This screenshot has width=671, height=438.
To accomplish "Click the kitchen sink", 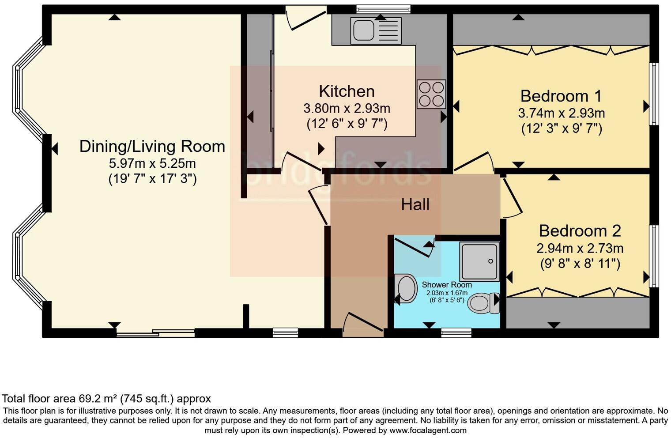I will coord(375,30).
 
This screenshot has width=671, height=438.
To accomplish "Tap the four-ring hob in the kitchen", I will coord(431,94).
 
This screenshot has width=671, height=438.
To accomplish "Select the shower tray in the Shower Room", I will coord(479,261).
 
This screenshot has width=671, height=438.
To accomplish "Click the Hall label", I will coord(415,204).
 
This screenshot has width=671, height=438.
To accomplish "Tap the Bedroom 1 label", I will coord(561,96).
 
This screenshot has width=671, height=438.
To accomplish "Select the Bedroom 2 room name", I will coord(580,231).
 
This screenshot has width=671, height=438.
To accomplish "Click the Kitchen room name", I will coord(347,91).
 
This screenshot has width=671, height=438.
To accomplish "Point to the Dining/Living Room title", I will coord(152,146).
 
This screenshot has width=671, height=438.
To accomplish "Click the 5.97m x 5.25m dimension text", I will coord(152,163).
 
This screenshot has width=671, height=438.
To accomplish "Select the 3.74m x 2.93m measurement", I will coord(561,113).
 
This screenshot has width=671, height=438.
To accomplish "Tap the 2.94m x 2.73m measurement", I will coord(580,248).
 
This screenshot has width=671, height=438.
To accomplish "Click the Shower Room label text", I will coord(446,285).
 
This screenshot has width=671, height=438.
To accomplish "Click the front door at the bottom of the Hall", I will coord(363,327).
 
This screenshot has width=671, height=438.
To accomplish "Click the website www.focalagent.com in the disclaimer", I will coord(427,430).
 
